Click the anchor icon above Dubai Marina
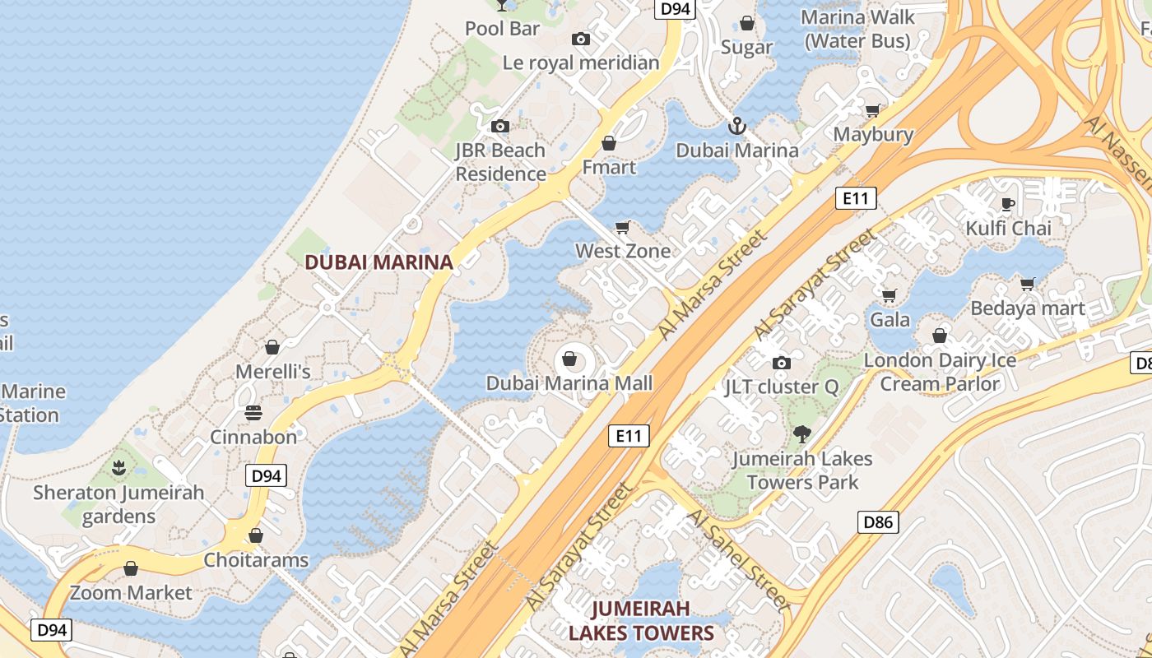click(x=737, y=126)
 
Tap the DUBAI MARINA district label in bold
click(x=379, y=262)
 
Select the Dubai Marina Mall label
click(x=569, y=383)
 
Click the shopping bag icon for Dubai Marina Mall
click(x=569, y=359)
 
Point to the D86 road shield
click(x=879, y=521)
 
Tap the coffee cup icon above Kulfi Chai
click(x=1008, y=204)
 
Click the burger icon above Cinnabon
click(x=253, y=412)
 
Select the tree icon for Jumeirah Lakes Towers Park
click(x=802, y=433)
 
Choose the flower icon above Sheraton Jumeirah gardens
click(x=119, y=469)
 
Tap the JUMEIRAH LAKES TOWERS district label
click(x=641, y=621)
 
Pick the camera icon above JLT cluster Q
click(x=781, y=363)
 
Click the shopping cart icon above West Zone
click(x=623, y=227)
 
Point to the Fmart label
click(x=609, y=167)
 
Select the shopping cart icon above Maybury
click(x=873, y=110)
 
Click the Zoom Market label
click(x=131, y=592)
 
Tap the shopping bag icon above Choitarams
click(x=256, y=536)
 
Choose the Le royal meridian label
click(x=581, y=63)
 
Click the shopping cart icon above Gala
click(x=890, y=295)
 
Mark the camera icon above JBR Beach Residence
click(x=499, y=126)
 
